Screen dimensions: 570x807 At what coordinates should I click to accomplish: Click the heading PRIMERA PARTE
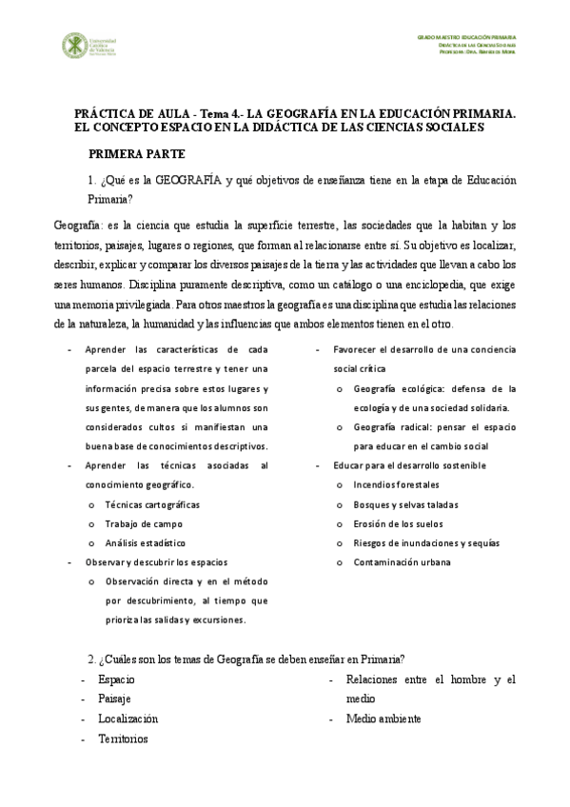tap(136, 153)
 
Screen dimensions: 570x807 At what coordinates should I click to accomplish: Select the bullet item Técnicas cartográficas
tap(152, 504)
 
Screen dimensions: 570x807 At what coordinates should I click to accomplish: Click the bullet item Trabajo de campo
tap(143, 523)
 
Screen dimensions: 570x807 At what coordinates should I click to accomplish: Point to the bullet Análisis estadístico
tap(146, 542)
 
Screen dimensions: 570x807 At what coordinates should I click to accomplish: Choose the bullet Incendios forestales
tap(397, 485)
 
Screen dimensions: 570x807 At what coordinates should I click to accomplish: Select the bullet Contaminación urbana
tap(402, 561)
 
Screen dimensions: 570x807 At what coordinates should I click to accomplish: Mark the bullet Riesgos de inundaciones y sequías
tap(425, 542)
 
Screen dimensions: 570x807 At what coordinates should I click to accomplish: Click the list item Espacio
tap(116, 679)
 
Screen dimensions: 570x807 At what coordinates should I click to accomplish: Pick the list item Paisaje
tap(114, 699)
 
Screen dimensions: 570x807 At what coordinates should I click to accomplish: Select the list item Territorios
tap(123, 738)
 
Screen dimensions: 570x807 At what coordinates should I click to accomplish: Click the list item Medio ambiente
tap(383, 718)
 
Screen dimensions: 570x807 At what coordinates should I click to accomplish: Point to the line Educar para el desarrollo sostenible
tap(409, 465)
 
